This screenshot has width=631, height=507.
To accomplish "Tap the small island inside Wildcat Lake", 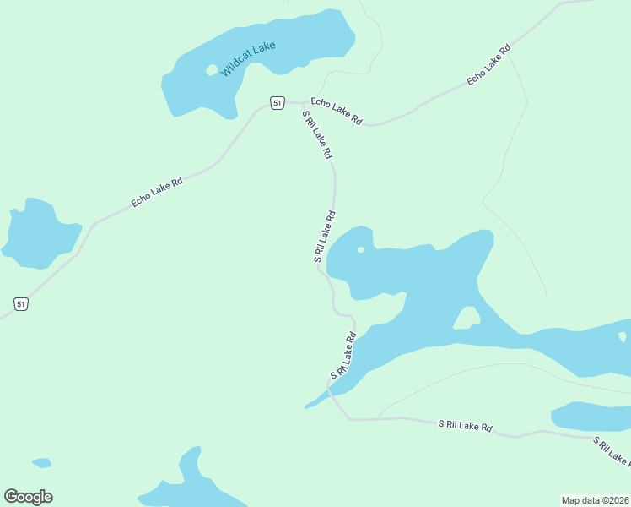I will (x=211, y=70).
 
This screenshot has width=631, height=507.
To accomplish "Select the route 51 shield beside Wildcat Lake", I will (x=277, y=102).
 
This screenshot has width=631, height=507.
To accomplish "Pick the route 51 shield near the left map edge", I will (x=21, y=303).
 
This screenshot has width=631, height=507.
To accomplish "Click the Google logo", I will (x=28, y=497).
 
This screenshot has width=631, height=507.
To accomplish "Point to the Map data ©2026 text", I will (x=595, y=499).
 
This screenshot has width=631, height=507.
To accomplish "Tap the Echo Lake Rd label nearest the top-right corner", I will (x=489, y=64).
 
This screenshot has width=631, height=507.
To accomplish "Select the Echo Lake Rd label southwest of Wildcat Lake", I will (x=157, y=193).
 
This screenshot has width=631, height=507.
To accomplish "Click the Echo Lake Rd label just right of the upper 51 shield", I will (x=336, y=112).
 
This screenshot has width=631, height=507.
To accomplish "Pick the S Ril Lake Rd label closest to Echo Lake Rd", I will (x=317, y=136).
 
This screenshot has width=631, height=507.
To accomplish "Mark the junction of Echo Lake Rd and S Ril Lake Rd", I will (x=303, y=104).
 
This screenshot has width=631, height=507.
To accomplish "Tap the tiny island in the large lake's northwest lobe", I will (x=361, y=249).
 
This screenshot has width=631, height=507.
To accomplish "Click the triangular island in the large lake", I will (x=467, y=319).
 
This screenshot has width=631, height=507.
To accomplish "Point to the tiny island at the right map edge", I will (x=623, y=336).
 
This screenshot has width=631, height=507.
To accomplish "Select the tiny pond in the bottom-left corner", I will (x=41, y=463).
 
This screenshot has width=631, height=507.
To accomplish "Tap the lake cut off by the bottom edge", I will (x=186, y=486).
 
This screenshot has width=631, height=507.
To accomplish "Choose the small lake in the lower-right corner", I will (x=591, y=416).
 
